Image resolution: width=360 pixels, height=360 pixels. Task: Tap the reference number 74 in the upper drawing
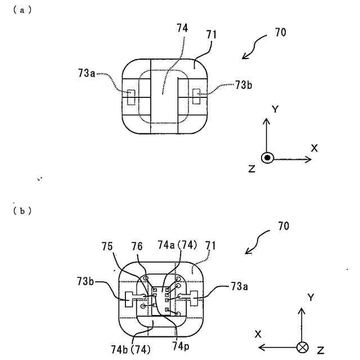point(182,28)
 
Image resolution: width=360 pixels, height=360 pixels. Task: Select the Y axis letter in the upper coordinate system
point(275,110)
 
